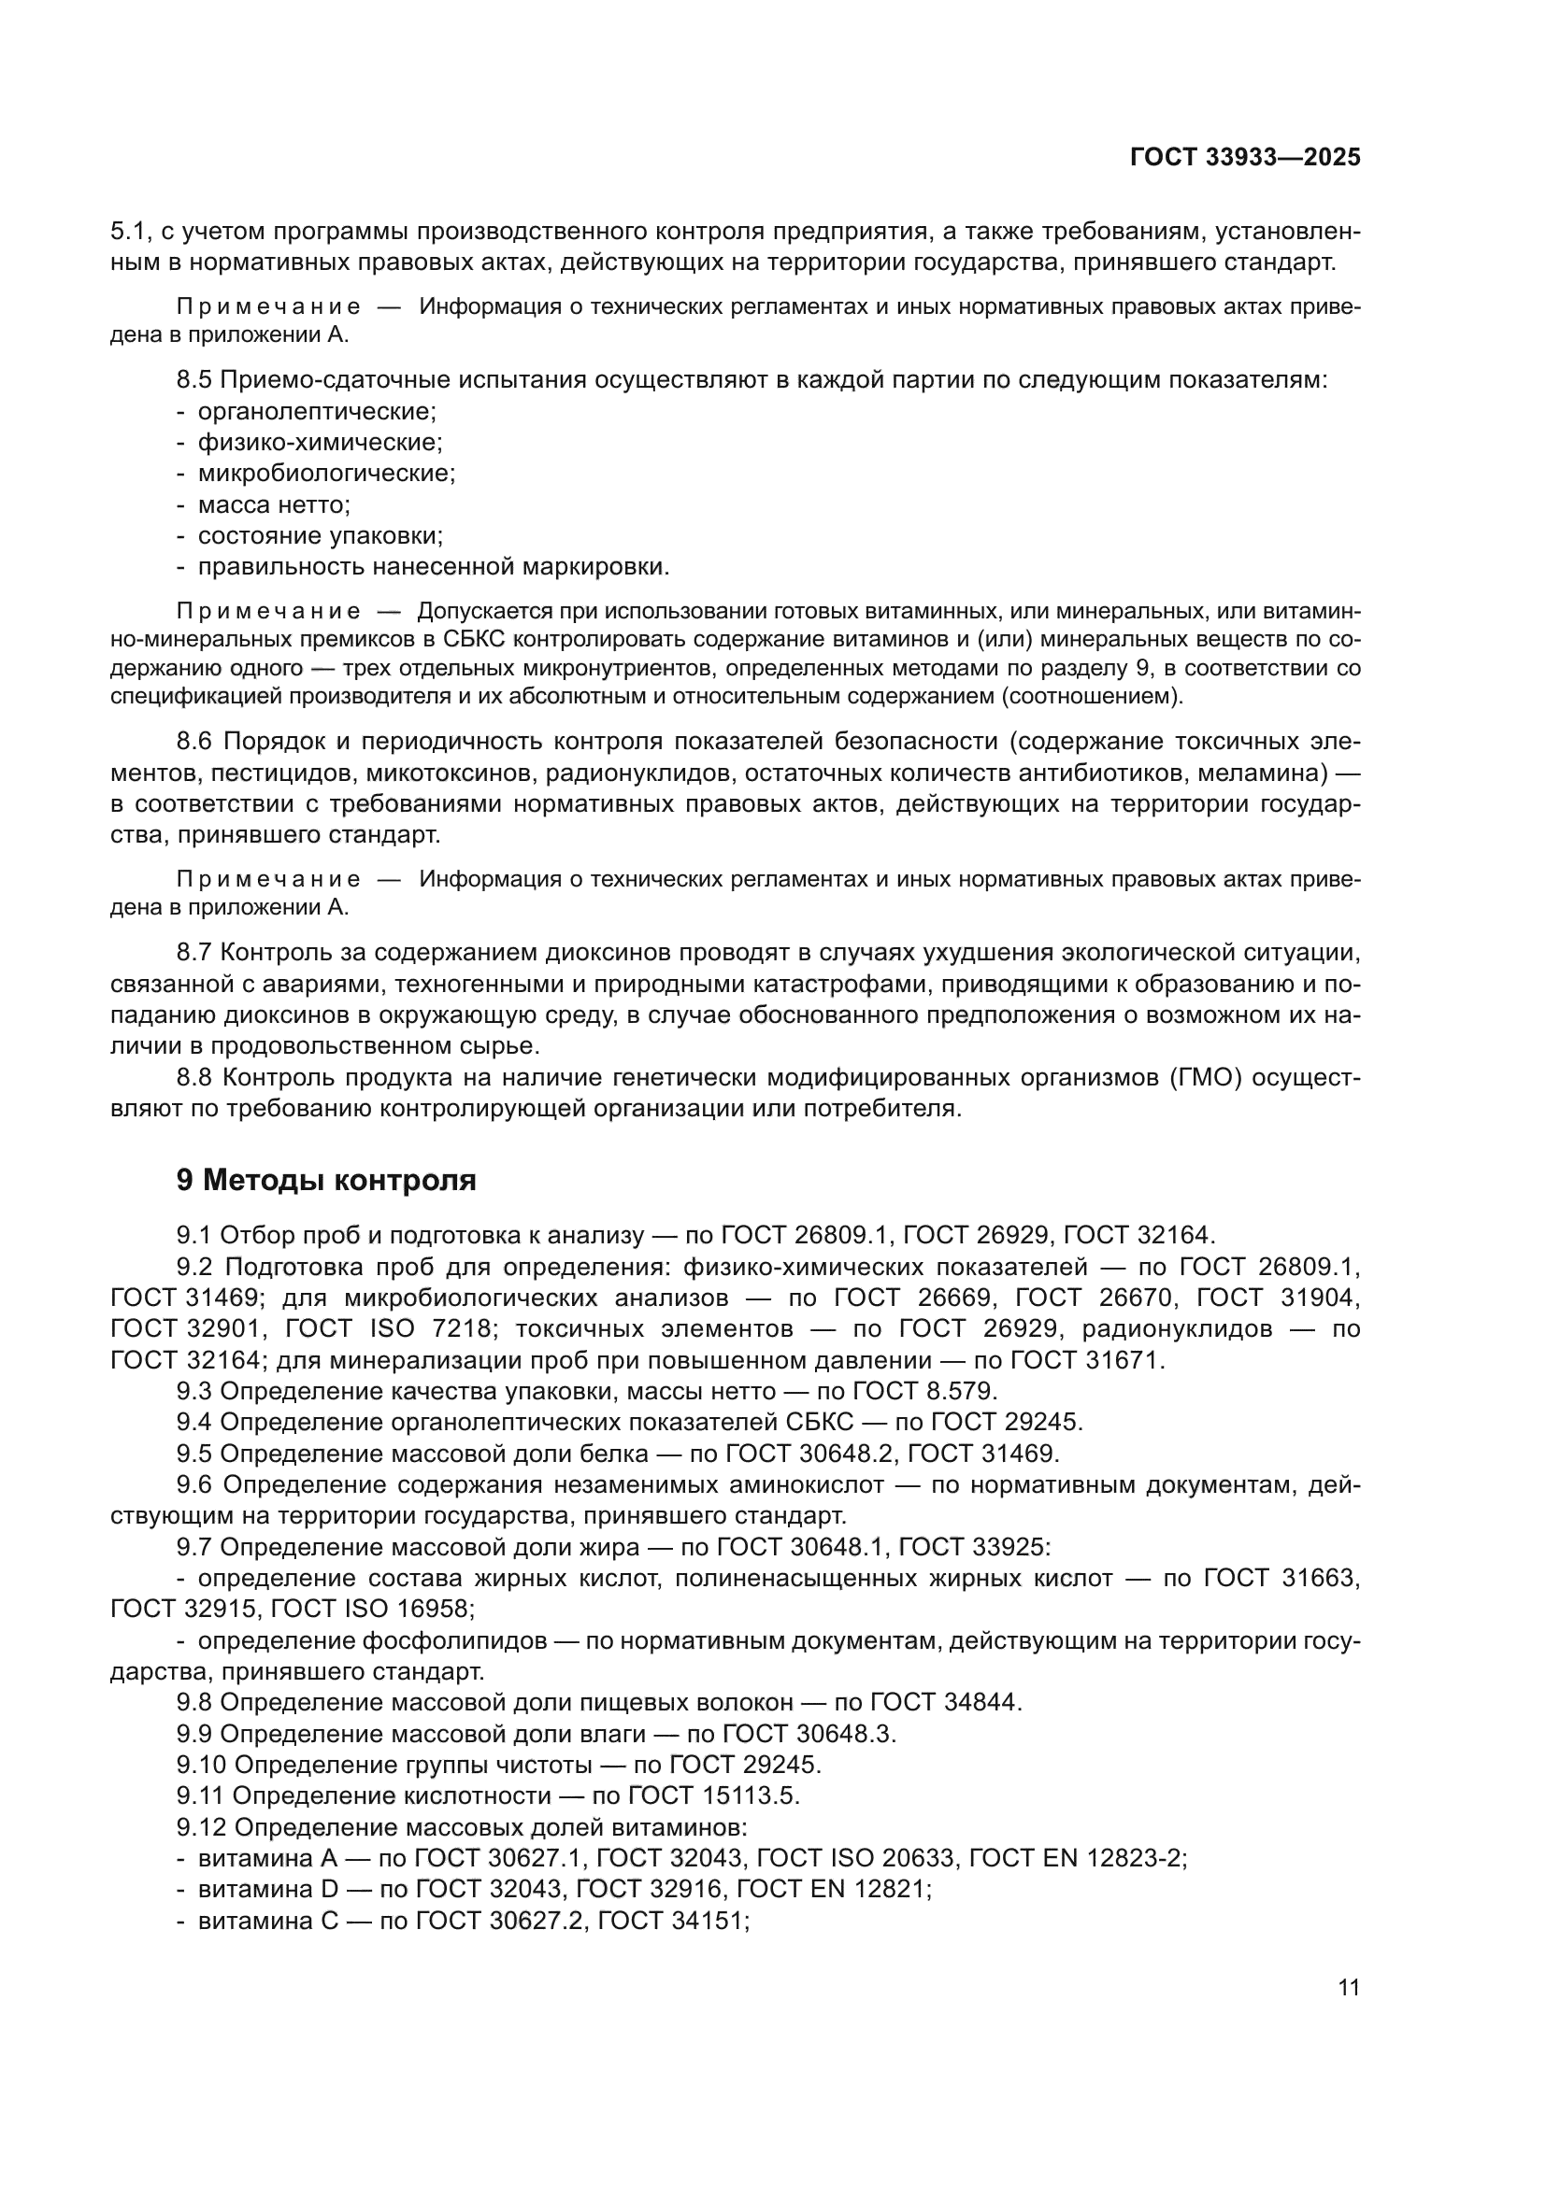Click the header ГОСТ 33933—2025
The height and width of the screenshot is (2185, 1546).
(1244, 158)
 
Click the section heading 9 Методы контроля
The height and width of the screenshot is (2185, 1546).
(326, 1180)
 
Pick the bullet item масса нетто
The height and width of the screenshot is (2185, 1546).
(273, 504)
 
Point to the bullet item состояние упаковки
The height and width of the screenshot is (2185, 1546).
(320, 536)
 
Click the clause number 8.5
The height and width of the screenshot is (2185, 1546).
(194, 380)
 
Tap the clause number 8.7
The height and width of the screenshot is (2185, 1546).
(194, 953)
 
